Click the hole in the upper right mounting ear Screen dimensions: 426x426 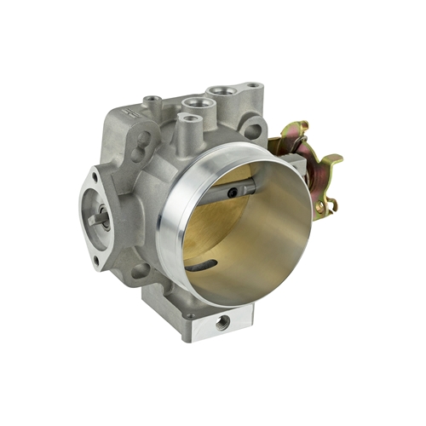pyautogui.click(x=252, y=130)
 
